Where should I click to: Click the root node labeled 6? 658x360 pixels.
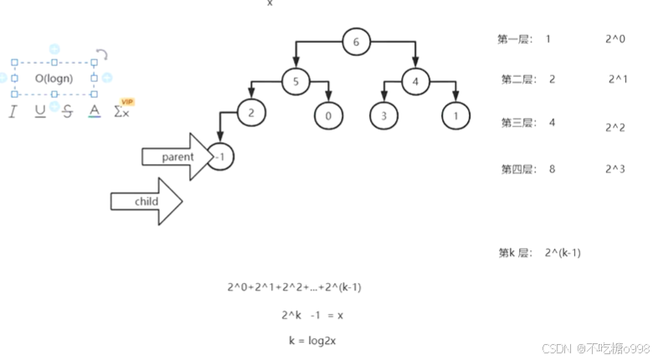(x=356, y=42)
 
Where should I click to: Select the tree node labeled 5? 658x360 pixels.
(x=296, y=81)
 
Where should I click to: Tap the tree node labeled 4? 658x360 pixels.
(x=415, y=81)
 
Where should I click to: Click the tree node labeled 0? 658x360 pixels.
(x=329, y=116)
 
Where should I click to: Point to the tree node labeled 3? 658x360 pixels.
(x=383, y=116)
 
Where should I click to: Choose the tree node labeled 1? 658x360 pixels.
(x=455, y=116)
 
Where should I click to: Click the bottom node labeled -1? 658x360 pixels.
(x=219, y=156)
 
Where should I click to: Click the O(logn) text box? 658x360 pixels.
(x=54, y=79)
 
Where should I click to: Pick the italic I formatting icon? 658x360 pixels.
(x=13, y=111)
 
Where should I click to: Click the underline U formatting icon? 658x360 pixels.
(x=40, y=111)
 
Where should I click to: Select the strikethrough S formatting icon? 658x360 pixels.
(x=67, y=111)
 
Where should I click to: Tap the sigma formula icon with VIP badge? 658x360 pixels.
(x=121, y=111)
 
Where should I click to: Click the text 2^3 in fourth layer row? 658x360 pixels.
(x=614, y=169)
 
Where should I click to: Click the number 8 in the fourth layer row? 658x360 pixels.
(x=553, y=169)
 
